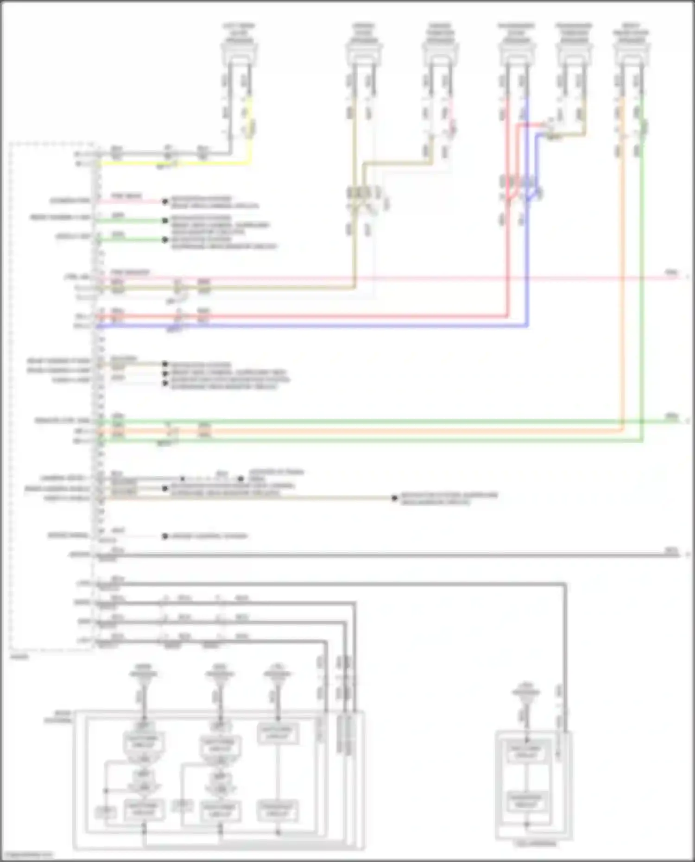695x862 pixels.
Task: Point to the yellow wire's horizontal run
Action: click(176, 163)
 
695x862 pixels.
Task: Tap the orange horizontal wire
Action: click(371, 431)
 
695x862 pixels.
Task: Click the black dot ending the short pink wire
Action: click(165, 201)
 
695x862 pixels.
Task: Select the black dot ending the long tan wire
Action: click(394, 498)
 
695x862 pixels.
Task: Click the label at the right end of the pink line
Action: click(671, 272)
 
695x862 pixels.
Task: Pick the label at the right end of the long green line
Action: click(671, 416)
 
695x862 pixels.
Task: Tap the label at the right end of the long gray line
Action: click(671, 550)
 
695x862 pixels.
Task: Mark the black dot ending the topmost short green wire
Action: click(165, 220)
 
